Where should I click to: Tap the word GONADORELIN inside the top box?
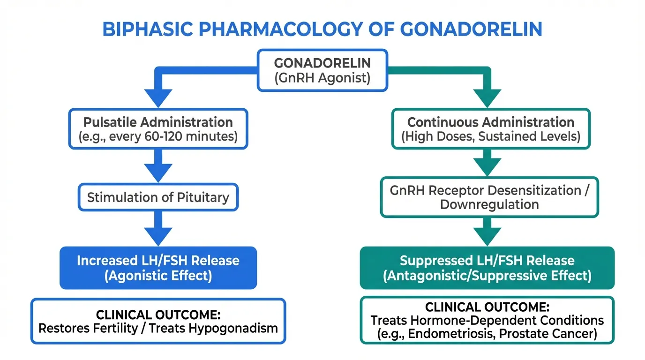point(322,63)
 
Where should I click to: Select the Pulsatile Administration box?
point(158,129)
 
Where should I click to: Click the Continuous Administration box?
point(490,129)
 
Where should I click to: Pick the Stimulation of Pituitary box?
point(158,197)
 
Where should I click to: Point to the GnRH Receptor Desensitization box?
point(489,197)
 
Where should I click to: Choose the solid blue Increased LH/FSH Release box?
point(158,268)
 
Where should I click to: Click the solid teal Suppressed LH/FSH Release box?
point(487,268)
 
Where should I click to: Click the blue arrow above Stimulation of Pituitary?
point(158,166)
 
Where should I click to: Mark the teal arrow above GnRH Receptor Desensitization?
point(487,164)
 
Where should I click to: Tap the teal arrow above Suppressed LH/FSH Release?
point(487,231)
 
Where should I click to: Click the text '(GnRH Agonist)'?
point(322,78)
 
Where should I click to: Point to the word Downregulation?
point(489,205)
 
